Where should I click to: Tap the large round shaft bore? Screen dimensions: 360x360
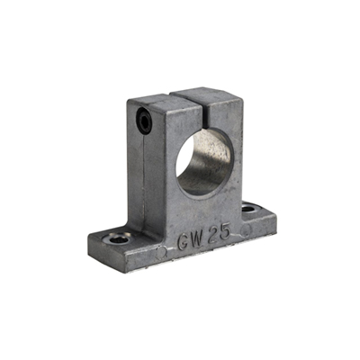pyautogui.click(x=204, y=162)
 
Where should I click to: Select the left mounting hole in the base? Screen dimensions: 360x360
pyautogui.click(x=118, y=238)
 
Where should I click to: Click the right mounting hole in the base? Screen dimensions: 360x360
pyautogui.click(x=249, y=208)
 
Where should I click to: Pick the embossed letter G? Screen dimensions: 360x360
pyautogui.click(x=184, y=242)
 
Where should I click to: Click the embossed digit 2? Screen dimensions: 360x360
pyautogui.click(x=212, y=234)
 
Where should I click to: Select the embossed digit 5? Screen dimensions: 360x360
pyautogui.click(x=224, y=231)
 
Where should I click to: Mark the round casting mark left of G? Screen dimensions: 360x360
pyautogui.click(x=161, y=253)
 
